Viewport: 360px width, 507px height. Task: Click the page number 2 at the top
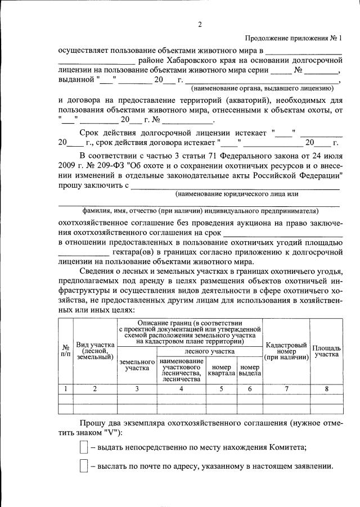click(x=200, y=24)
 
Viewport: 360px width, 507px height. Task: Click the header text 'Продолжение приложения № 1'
click(x=294, y=38)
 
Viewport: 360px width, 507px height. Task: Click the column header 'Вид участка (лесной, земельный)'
click(x=96, y=350)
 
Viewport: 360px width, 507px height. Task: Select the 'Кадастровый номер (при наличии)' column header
click(x=286, y=350)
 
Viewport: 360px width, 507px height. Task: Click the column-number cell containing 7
click(x=286, y=388)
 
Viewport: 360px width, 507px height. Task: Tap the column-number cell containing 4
click(x=181, y=388)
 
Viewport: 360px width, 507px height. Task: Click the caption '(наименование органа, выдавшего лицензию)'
click(x=263, y=89)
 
